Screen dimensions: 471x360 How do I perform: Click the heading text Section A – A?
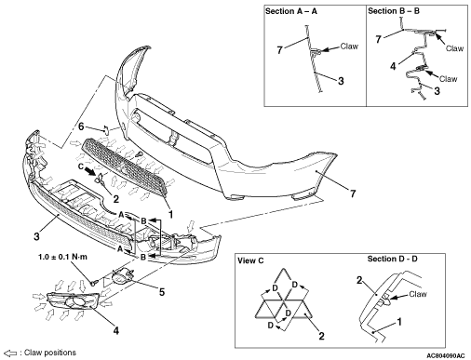point(291,11)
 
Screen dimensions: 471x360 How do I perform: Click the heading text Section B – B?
point(394,11)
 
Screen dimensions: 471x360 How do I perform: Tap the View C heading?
point(250,260)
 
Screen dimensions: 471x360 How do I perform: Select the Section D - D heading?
point(392,259)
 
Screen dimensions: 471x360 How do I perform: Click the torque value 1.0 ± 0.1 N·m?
point(62,257)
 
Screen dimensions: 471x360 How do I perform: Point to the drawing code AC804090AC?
point(446,355)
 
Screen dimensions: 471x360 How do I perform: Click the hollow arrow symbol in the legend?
point(11,353)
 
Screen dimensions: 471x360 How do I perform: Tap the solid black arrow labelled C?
point(90,171)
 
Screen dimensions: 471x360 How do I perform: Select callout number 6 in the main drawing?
point(81,127)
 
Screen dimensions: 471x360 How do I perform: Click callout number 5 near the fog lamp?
point(162,292)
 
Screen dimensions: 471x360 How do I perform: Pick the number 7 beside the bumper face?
point(353,193)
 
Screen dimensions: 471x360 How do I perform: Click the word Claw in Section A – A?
point(349,47)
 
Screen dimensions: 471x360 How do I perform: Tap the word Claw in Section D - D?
point(418,294)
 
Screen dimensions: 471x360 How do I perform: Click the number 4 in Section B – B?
point(393,66)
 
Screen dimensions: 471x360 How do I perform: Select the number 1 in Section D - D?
point(399,322)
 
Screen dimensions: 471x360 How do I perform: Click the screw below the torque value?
point(94,282)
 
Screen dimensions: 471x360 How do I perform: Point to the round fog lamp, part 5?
point(122,275)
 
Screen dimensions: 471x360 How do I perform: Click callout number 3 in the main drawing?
point(36,236)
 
